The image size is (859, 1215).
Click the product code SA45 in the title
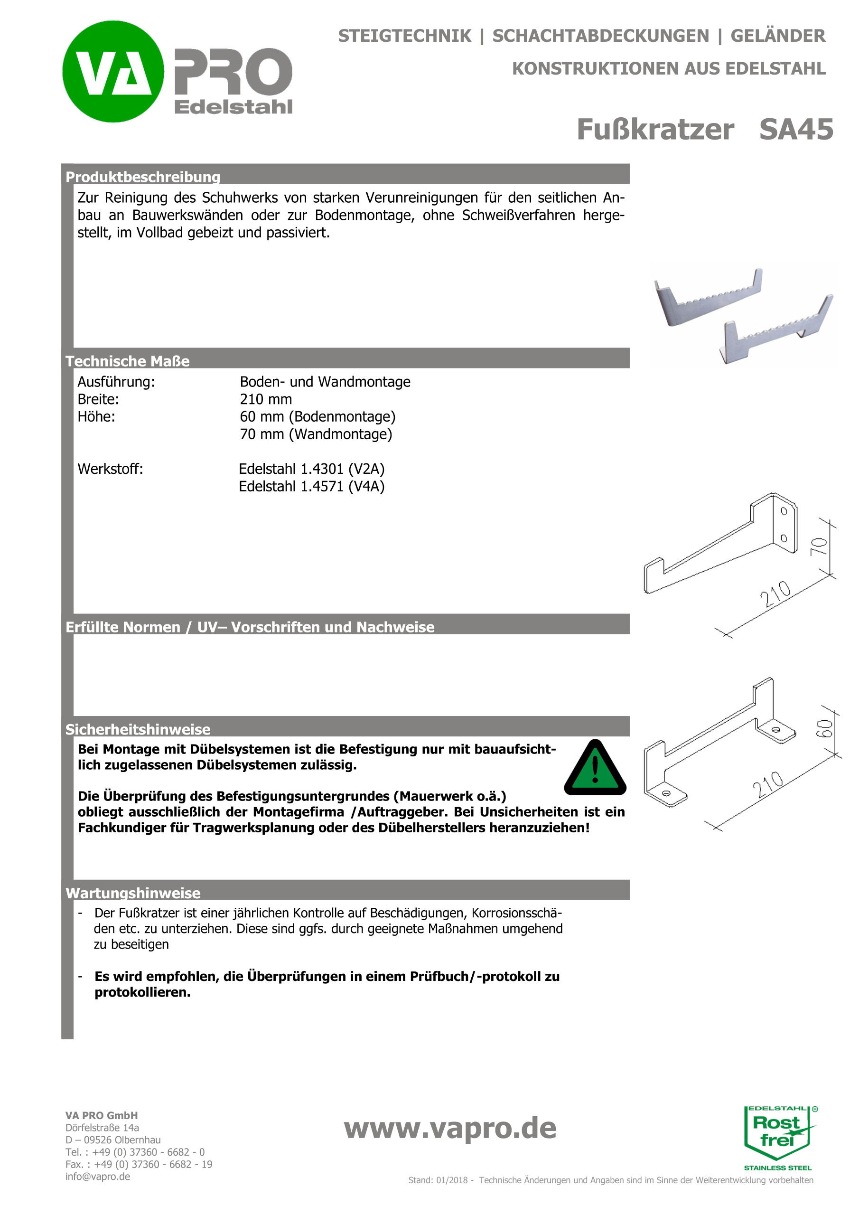click(795, 130)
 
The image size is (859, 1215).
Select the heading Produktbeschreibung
click(143, 177)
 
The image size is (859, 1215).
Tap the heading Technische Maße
click(128, 361)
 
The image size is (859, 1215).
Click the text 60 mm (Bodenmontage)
click(317, 417)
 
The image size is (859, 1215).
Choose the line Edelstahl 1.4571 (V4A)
click(311, 486)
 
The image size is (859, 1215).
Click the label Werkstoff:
click(110, 469)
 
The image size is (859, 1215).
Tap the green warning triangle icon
click(595, 768)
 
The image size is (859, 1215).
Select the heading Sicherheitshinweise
click(138, 730)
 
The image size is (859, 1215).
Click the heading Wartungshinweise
click(133, 893)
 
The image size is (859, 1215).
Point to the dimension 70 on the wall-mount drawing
click(819, 546)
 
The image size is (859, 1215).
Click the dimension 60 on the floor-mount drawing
click(825, 729)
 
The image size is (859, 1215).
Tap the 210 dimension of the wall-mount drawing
click(775, 594)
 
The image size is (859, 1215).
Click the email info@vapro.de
click(98, 1177)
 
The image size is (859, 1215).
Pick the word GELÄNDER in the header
click(777, 36)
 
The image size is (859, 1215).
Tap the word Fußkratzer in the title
click(655, 130)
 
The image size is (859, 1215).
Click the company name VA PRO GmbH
click(102, 1115)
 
